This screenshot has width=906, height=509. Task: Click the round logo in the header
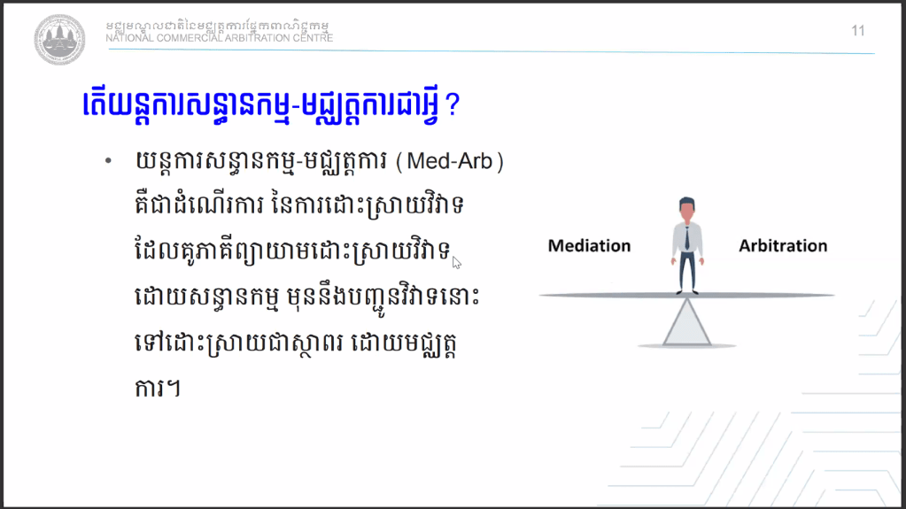59,39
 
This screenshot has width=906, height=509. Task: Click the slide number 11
858,31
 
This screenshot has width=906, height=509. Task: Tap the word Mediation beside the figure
589,245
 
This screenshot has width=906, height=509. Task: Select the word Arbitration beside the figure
783,245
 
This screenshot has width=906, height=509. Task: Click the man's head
687,209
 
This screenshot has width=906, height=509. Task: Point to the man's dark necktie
687,237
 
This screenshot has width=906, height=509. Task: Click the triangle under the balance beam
687,322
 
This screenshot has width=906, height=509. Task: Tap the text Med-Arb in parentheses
450,161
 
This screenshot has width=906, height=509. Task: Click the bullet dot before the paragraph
108,161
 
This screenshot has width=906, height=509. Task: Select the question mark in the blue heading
453,105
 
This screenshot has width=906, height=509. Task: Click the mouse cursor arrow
456,263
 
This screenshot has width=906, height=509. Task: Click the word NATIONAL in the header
129,38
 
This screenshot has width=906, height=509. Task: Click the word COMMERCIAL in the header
189,38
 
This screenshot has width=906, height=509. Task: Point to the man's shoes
687,292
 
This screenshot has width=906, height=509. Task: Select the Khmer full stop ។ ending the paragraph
173,389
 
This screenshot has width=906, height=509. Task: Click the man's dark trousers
687,272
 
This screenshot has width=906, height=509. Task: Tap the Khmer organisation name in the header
217,26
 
